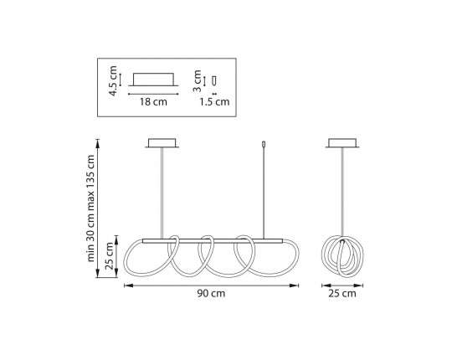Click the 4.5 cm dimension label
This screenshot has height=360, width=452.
[x=113, y=81]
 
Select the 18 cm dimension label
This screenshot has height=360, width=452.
[x=153, y=102]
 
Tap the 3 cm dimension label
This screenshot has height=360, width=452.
[x=197, y=81]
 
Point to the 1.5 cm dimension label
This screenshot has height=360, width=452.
[x=214, y=102]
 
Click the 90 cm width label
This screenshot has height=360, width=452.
[x=211, y=293]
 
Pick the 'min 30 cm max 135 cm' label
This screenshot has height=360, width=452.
[x=90, y=208]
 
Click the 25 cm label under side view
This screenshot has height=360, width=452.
[x=342, y=294]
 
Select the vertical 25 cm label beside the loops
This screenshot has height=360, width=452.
[x=110, y=256]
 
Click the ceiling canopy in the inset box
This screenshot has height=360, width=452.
[x=153, y=80]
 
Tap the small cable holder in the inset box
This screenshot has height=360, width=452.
[x=214, y=80]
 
